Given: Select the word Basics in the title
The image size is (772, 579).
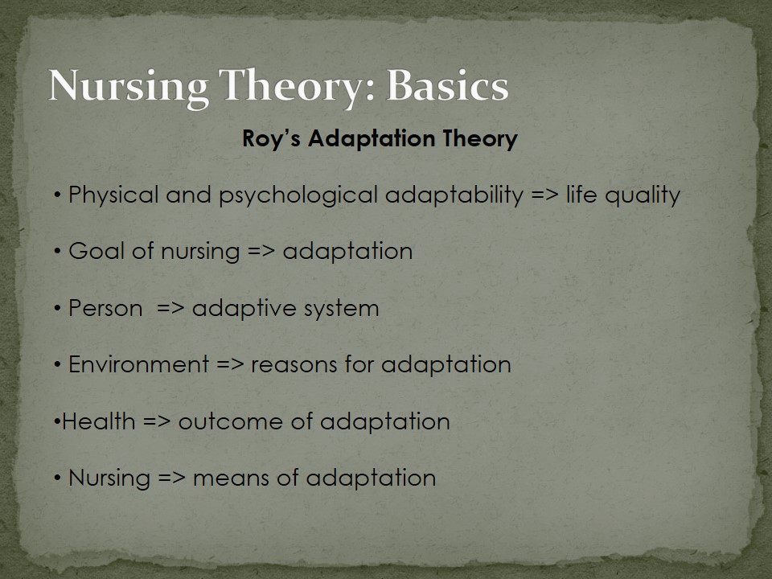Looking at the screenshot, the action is [x=448, y=86].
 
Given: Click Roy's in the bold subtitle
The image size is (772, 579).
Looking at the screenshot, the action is [x=271, y=139].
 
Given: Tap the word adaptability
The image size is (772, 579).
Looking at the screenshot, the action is [x=454, y=195].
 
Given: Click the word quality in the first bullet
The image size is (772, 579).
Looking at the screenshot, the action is [x=643, y=195].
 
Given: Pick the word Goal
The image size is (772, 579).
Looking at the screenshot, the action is [x=96, y=251].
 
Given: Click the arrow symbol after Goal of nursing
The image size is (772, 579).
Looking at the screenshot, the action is [x=261, y=252].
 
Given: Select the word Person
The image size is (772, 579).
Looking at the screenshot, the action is [x=105, y=308].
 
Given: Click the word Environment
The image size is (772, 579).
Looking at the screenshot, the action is [x=139, y=364].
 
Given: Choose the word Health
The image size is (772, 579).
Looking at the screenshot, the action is [x=98, y=421].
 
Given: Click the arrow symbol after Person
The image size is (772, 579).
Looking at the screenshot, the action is [x=170, y=309].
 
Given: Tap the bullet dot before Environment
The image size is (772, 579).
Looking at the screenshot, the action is [x=58, y=365].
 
